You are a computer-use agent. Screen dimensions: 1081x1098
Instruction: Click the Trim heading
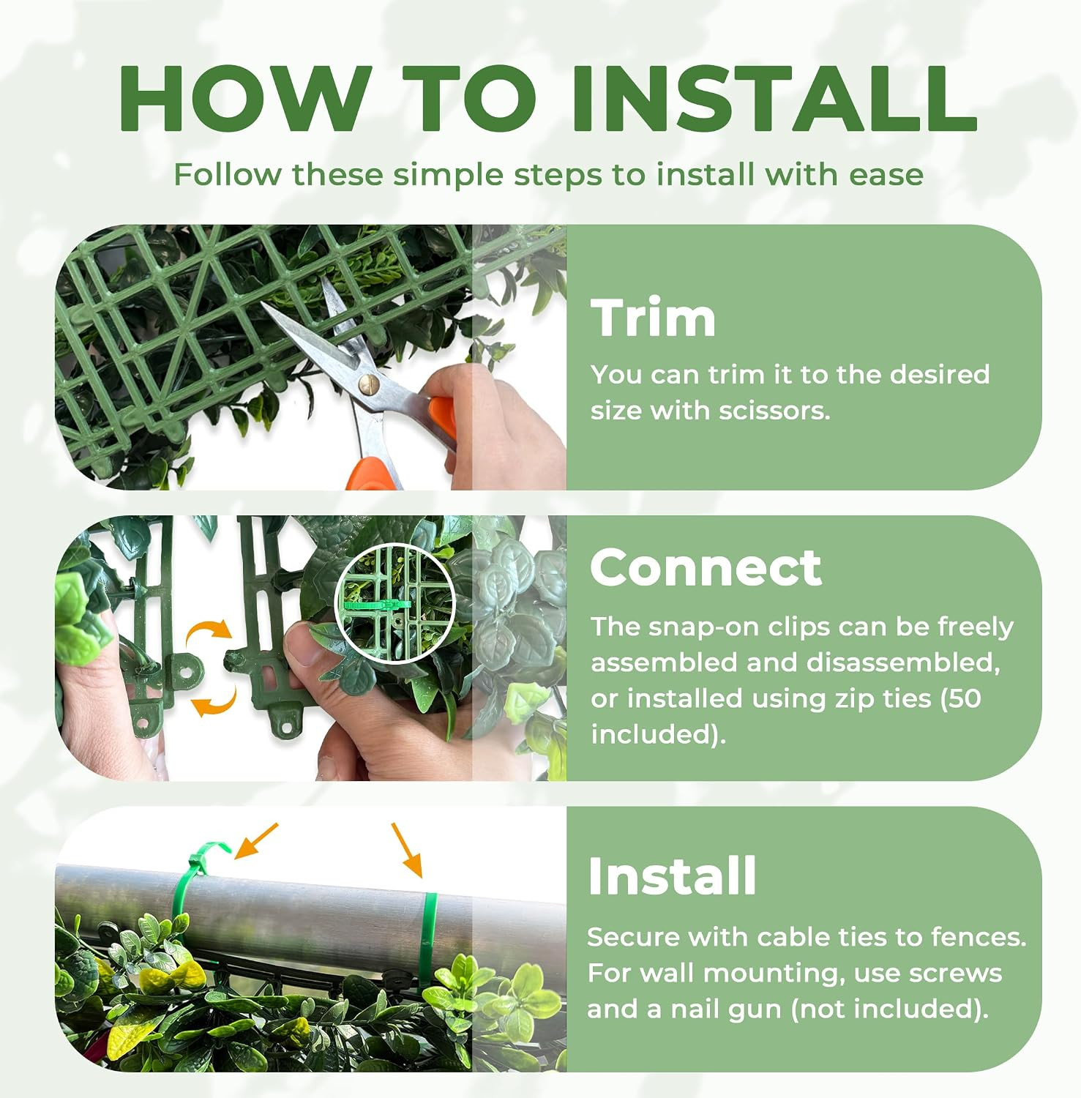653,318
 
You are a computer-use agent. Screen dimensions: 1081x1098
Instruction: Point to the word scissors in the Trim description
774,411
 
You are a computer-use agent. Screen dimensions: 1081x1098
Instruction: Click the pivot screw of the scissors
368,381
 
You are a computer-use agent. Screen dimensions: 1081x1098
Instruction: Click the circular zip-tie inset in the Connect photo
394,604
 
